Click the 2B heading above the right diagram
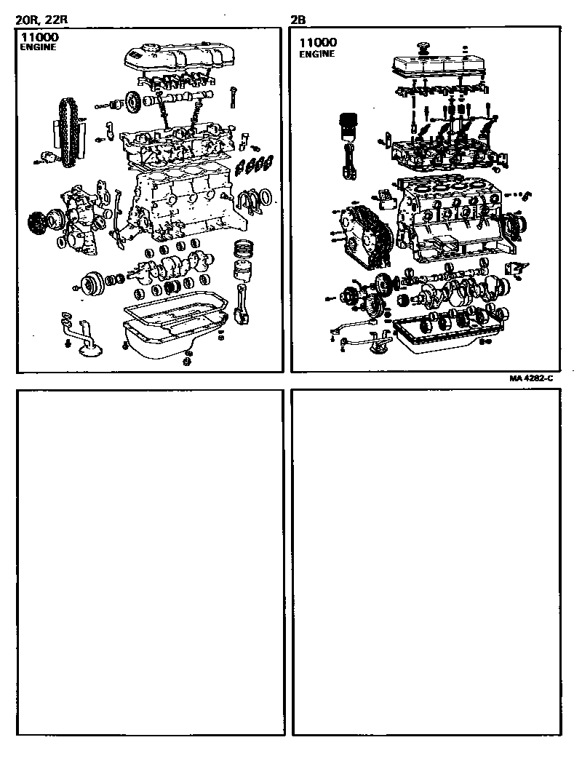point(298,20)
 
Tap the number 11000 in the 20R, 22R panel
point(38,36)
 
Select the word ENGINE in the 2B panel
point(317,55)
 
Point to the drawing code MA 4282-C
point(531,378)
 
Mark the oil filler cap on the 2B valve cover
point(421,49)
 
